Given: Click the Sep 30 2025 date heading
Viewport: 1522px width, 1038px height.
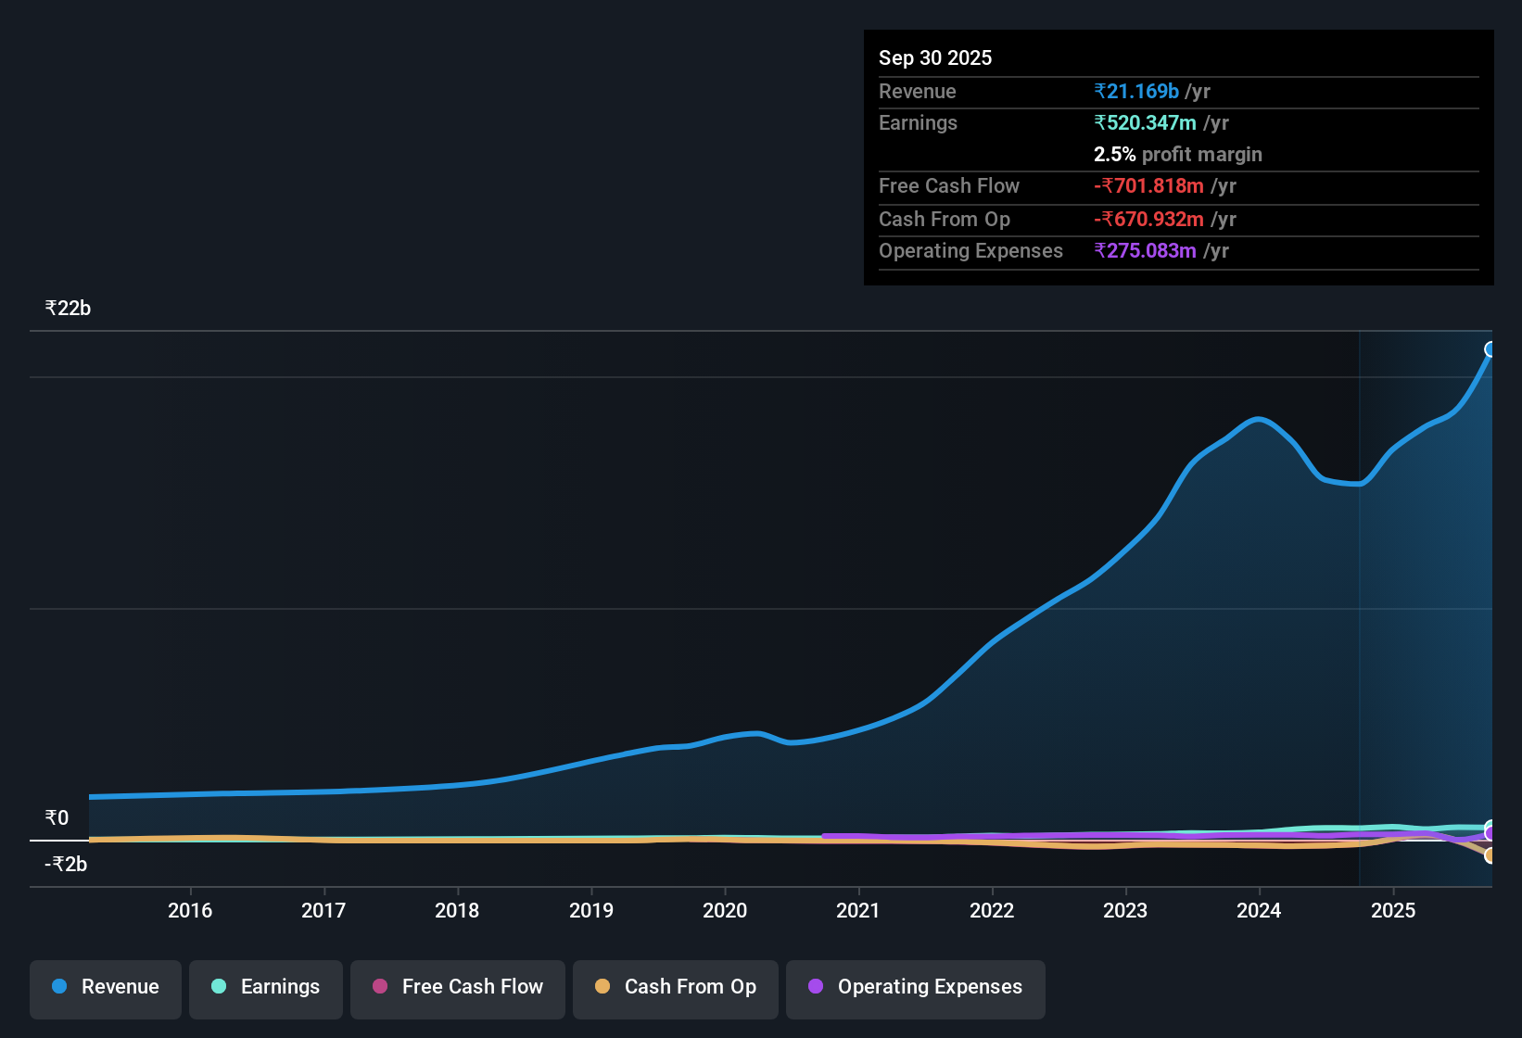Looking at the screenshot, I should [x=934, y=58].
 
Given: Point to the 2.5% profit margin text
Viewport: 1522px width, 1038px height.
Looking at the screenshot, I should [x=1177, y=155].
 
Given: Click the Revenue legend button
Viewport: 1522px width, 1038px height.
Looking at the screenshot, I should [x=106, y=987].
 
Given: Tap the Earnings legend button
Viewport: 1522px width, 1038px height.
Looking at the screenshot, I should [x=266, y=987].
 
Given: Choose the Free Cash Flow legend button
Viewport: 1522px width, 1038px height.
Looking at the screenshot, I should [x=458, y=987].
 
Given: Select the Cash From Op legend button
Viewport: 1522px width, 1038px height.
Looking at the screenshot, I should [x=676, y=987].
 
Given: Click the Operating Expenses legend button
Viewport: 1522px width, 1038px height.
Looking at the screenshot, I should [x=916, y=987].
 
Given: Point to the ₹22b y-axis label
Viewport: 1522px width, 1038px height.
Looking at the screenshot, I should [x=68, y=309].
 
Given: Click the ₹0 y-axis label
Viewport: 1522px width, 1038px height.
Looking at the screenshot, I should [x=57, y=818].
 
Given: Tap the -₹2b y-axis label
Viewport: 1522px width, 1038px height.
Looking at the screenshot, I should [x=66, y=865].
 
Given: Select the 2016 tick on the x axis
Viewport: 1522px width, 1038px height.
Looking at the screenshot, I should [x=190, y=911].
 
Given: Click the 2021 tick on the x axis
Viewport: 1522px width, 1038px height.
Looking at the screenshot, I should [x=858, y=911].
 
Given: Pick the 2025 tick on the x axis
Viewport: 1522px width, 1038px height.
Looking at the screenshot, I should [x=1393, y=911].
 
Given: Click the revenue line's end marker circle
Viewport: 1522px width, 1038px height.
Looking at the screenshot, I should [x=1490, y=349].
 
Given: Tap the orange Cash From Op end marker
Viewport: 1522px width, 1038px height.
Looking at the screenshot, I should [x=1490, y=855].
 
